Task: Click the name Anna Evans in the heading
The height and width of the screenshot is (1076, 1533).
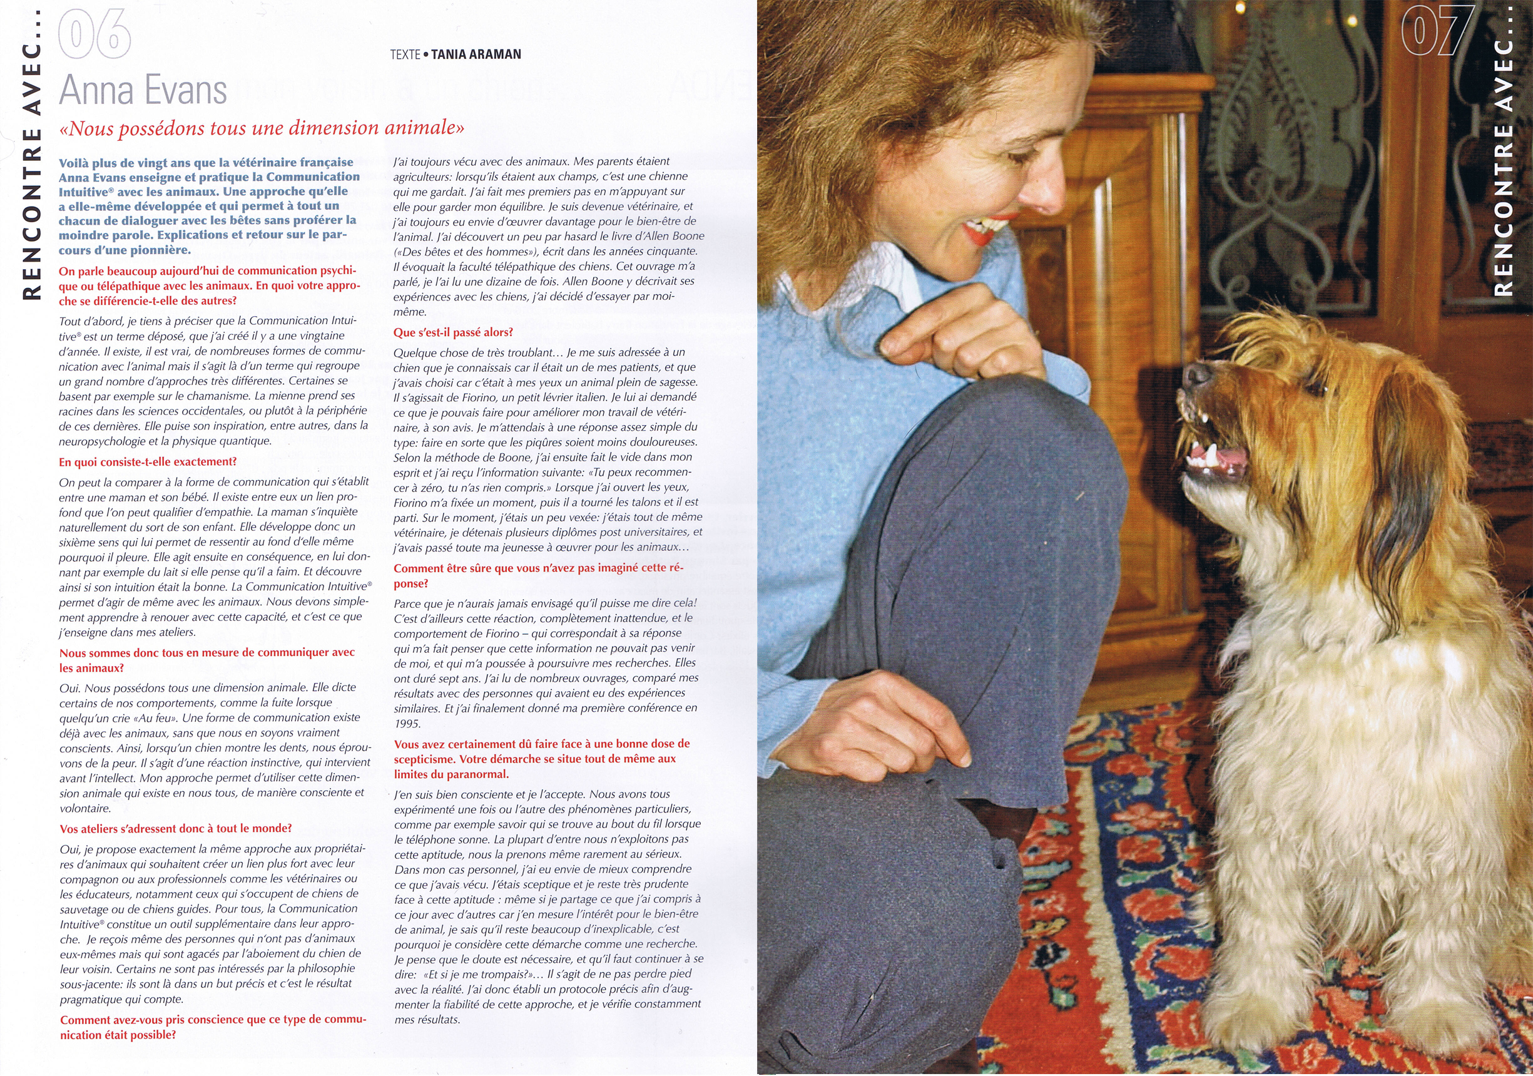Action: [x=143, y=90]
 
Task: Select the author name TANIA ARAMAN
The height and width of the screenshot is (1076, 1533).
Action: [x=476, y=54]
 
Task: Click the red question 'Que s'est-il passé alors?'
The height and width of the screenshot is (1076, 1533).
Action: [x=452, y=332]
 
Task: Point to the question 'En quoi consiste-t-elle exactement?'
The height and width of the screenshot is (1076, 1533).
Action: [x=148, y=461]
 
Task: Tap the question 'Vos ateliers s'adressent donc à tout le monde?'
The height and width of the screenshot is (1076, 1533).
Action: [x=176, y=828]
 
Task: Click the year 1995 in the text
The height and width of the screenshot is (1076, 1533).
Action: [x=407, y=724]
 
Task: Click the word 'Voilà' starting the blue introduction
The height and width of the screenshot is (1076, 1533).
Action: [x=75, y=162]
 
